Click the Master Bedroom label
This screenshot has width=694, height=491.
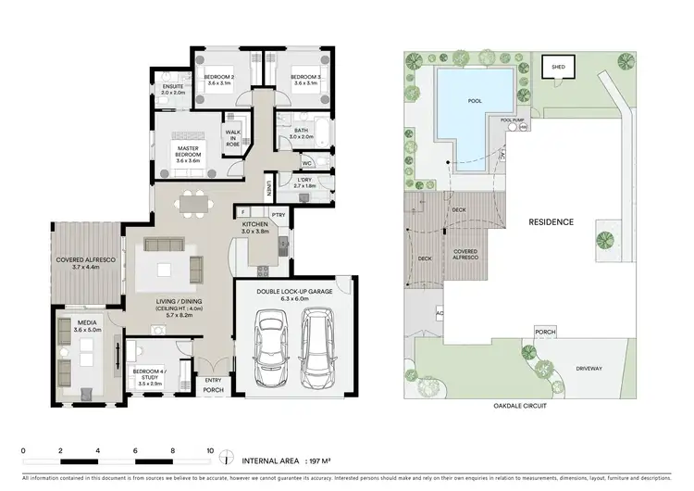coord(188,154)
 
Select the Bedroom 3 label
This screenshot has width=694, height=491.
coord(304,79)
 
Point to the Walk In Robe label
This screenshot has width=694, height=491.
coord(233,139)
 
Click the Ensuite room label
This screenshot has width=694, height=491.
coord(173,89)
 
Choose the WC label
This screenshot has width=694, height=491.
coord(306,163)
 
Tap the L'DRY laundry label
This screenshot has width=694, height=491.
coord(305,183)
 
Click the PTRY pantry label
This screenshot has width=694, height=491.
coord(277,214)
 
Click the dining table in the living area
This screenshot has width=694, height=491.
coord(194,201)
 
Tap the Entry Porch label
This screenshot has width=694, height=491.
coord(213,384)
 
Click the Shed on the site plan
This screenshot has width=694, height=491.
coord(557,68)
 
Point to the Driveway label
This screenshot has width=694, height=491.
coord(589,369)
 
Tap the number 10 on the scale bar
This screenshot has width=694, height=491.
coord(210,450)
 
